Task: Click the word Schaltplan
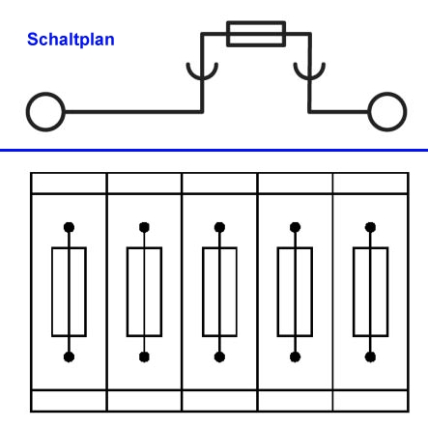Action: tap(71, 40)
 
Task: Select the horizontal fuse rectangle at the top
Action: tap(256, 23)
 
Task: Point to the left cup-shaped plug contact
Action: tap(202, 79)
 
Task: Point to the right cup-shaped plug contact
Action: tap(309, 79)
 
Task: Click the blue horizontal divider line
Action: tap(214, 150)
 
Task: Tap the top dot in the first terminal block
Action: tap(69, 227)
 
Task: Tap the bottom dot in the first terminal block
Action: tap(69, 357)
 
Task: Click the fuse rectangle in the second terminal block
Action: tap(128, 292)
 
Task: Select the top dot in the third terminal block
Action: tap(219, 227)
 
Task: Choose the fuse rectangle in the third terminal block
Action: tap(203, 292)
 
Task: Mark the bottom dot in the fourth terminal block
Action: tap(295, 357)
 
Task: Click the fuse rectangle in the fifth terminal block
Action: tap(354, 292)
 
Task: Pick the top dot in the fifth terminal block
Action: tap(370, 227)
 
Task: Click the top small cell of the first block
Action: tap(69, 184)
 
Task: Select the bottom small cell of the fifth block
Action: tap(371, 401)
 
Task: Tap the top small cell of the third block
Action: tap(219, 184)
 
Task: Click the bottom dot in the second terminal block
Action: tap(144, 357)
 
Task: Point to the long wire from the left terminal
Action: tap(133, 112)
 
